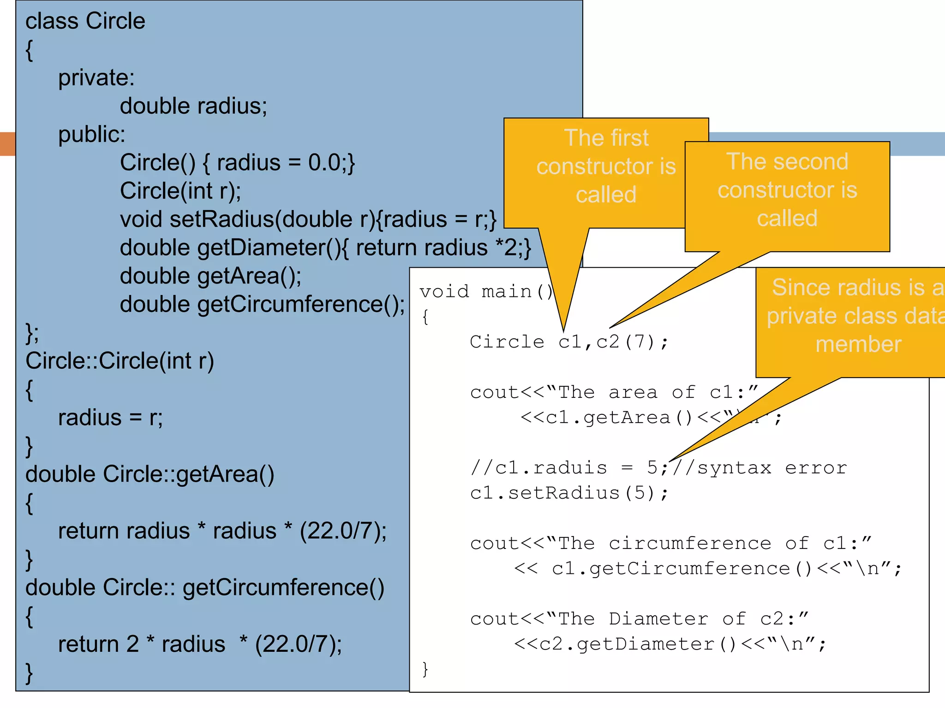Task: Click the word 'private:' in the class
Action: [96, 77]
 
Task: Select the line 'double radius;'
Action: [193, 106]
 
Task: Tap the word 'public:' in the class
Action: [91, 135]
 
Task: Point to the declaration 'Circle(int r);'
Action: [180, 191]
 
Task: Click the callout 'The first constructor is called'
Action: [605, 166]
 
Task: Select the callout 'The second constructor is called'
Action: [787, 190]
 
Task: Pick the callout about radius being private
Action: [854, 316]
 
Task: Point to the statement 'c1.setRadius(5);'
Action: [568, 493]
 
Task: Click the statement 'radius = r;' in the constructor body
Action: [110, 418]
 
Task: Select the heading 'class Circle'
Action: [85, 21]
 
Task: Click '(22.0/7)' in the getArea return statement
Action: [342, 531]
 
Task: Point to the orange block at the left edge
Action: [8, 144]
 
